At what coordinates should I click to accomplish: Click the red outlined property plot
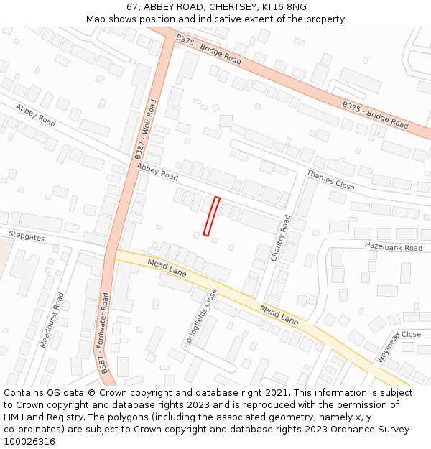(211, 216)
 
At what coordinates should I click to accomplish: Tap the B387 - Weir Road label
(145, 129)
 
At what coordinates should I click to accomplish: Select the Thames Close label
(330, 180)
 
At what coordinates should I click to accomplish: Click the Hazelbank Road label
(393, 247)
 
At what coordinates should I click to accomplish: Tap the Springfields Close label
(200, 318)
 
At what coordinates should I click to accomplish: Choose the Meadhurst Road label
(50, 320)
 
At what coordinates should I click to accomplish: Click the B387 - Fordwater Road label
(105, 333)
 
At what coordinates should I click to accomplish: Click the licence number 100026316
(31, 442)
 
